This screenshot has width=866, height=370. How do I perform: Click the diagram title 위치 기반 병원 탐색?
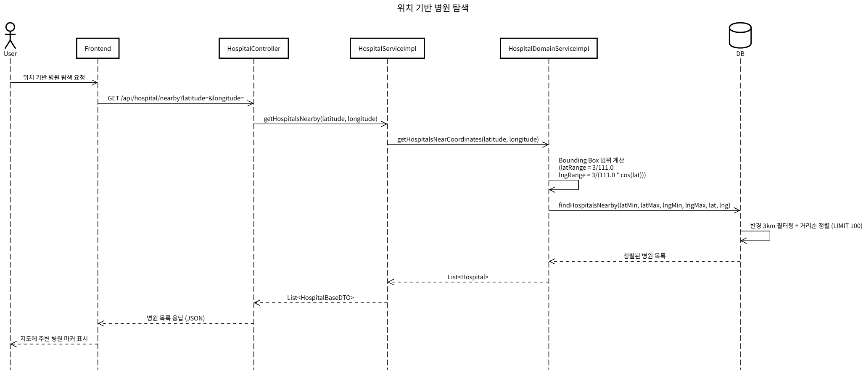[x=433, y=8]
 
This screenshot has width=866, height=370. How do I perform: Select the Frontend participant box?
[x=98, y=48]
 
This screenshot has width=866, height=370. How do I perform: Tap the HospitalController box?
[x=253, y=48]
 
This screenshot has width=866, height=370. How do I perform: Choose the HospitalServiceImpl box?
[x=387, y=48]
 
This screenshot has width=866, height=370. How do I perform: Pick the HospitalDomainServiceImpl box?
[x=548, y=48]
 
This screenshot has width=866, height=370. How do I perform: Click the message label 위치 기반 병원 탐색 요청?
[x=54, y=77]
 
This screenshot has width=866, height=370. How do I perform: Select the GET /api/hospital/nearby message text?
[x=176, y=98]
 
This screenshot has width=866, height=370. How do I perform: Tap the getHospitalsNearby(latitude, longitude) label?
[x=320, y=118]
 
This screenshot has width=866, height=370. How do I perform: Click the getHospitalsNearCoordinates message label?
[x=467, y=139]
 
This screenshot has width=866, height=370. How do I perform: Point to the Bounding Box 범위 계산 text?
[x=591, y=160]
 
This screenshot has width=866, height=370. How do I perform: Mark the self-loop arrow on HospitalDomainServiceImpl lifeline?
[x=578, y=185]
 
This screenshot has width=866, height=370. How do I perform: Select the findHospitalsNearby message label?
[x=644, y=205]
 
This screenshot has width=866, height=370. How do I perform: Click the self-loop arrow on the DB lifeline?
[x=769, y=236]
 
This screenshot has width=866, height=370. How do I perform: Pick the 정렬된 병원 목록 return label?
[x=644, y=256]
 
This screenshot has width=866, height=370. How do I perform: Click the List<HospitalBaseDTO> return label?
[x=320, y=297]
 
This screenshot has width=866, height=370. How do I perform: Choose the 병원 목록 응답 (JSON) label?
[x=176, y=318]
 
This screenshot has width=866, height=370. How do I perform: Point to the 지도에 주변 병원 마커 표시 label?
[x=54, y=339]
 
